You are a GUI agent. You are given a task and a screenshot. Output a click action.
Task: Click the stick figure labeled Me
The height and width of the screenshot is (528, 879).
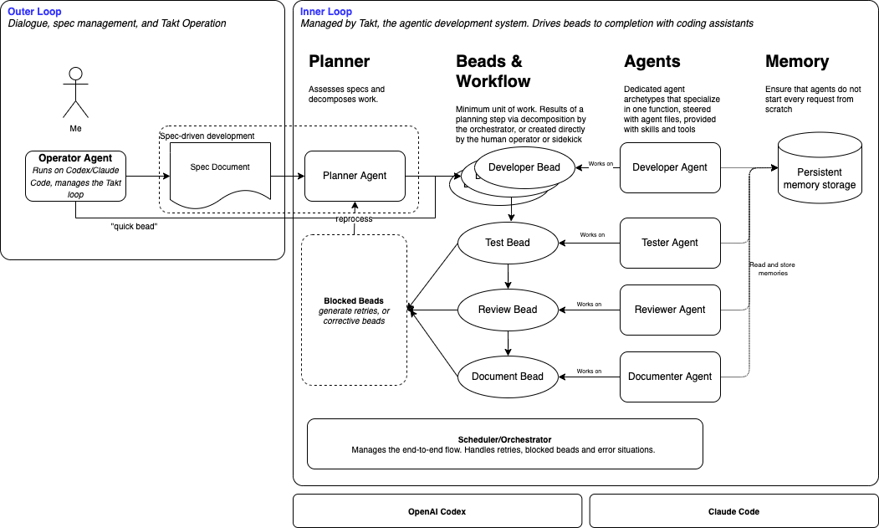pyautogui.click(x=75, y=91)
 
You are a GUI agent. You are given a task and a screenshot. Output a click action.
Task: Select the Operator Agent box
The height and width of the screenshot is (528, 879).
pyautogui.click(x=75, y=176)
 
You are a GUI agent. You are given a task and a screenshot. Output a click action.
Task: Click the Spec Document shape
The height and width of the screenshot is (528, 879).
pyautogui.click(x=221, y=172)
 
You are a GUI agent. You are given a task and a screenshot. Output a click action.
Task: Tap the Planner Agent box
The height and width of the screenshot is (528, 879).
pyautogui.click(x=355, y=176)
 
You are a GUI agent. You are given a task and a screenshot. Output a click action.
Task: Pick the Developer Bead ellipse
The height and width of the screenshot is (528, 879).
pyautogui.click(x=524, y=167)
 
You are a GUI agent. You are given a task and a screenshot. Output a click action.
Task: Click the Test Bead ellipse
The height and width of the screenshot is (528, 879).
pyautogui.click(x=508, y=243)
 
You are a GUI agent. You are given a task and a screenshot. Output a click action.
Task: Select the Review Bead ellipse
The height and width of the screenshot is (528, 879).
pyautogui.click(x=508, y=310)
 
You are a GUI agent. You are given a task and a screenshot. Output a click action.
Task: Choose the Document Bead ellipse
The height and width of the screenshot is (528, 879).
pyautogui.click(x=508, y=377)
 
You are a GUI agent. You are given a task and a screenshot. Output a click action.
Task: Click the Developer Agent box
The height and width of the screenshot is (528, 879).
pyautogui.click(x=670, y=167)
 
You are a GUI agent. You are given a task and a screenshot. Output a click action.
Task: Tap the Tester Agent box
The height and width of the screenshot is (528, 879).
pyautogui.click(x=670, y=243)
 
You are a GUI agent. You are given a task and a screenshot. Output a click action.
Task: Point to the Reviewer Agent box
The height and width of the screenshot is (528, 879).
pyautogui.click(x=670, y=310)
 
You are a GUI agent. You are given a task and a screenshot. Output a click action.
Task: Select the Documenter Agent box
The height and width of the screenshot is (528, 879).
pyautogui.click(x=670, y=377)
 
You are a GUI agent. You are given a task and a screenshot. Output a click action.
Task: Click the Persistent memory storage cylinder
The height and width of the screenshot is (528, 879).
pyautogui.click(x=820, y=172)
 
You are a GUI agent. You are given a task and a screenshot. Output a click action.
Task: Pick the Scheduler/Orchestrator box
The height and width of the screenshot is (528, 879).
pyautogui.click(x=505, y=444)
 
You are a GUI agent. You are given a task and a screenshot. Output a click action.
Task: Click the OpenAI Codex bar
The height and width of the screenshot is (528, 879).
pyautogui.click(x=437, y=510)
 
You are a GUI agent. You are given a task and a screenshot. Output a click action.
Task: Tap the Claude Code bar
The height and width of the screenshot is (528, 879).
pyautogui.click(x=733, y=510)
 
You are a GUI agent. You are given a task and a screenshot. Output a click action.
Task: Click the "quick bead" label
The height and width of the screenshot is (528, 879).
pyautogui.click(x=134, y=226)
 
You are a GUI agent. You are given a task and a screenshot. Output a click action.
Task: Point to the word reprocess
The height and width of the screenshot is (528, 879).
pyautogui.click(x=355, y=219)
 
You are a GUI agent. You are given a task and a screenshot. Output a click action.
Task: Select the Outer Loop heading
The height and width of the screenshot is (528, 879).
pyautogui.click(x=34, y=11)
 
